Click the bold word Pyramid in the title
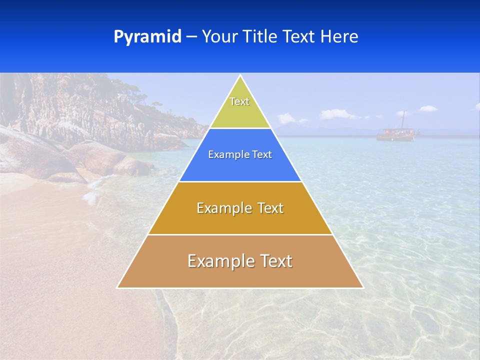point(147,36)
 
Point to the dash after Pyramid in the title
point(191,37)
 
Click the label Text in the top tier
point(239,101)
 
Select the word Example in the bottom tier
point(218,261)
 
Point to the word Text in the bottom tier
point(275,261)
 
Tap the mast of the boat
point(403,120)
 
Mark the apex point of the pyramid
point(240,75)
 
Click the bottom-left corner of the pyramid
point(117,287)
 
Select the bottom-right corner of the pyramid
point(363,287)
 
